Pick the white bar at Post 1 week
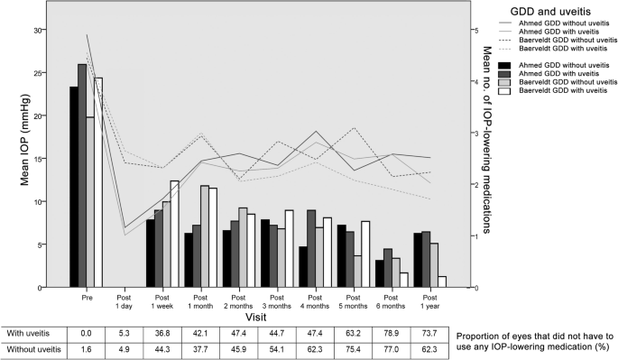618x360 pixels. pos(175,234)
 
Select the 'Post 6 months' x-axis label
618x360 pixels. pos(383,300)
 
